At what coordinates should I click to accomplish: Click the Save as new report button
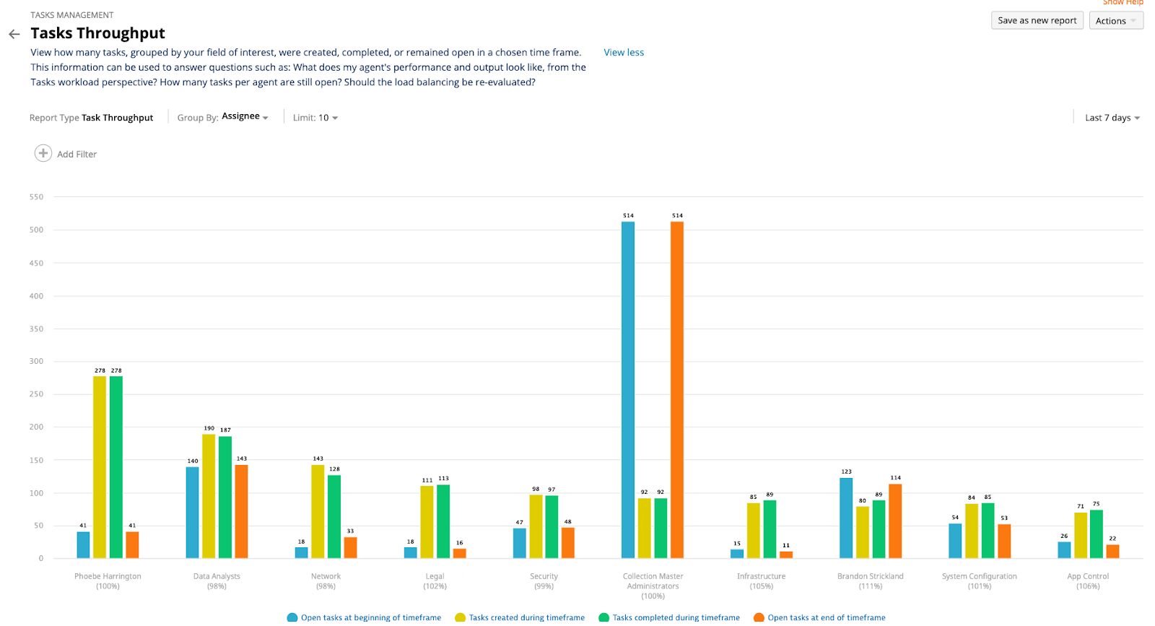[1037, 21]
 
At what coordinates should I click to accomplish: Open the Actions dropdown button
[1115, 21]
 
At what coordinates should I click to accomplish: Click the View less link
[624, 53]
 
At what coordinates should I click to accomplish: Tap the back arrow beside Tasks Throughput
[14, 34]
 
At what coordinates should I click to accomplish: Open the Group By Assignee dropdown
[245, 117]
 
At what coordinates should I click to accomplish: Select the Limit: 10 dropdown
[315, 118]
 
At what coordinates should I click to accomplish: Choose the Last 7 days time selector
[1112, 118]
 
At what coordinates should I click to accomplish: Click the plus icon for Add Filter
[43, 153]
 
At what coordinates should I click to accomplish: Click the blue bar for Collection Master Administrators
[628, 390]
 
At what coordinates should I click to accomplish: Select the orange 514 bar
[677, 390]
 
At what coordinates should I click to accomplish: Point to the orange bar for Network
[350, 547]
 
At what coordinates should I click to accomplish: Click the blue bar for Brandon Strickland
[846, 518]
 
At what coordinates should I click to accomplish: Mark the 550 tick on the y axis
[36, 197]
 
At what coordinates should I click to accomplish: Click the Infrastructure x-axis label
[761, 576]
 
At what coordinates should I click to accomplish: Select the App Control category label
[1088, 576]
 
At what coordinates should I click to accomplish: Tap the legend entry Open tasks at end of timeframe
[826, 617]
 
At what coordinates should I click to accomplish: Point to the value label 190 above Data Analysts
[209, 428]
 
